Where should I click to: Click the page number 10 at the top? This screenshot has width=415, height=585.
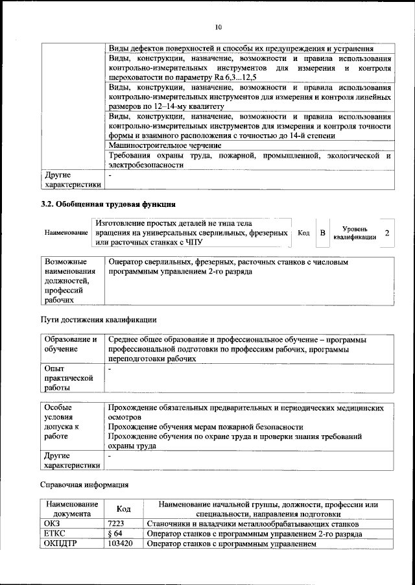click(x=218, y=27)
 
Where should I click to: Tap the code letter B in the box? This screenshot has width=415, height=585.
click(x=322, y=232)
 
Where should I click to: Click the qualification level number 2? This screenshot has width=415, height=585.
click(x=387, y=232)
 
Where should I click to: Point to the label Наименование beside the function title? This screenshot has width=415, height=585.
click(x=66, y=233)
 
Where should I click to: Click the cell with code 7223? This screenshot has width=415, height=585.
click(x=119, y=523)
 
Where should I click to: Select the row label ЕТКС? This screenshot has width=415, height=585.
click(x=55, y=534)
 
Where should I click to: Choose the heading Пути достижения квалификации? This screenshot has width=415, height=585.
click(x=98, y=320)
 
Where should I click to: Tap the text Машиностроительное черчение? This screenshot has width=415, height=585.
click(x=165, y=145)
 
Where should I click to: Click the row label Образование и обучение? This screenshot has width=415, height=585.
click(x=70, y=344)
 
